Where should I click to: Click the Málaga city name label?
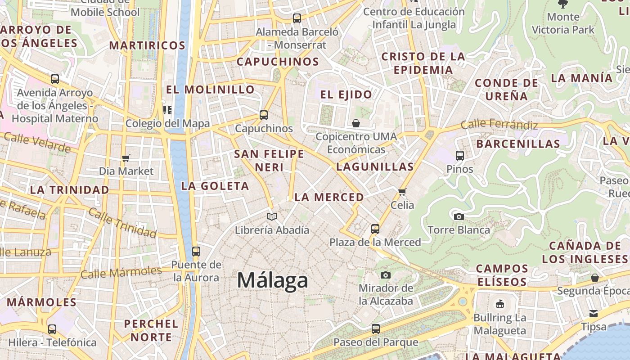point(272,280)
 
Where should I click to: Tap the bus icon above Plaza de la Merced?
point(375,229)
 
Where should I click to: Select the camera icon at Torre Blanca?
point(459,216)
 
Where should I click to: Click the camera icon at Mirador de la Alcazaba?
point(386,275)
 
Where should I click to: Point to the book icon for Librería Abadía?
point(272,217)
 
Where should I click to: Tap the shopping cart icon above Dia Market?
point(126,158)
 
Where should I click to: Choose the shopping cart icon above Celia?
point(402,192)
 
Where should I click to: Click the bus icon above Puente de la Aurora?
point(196,252)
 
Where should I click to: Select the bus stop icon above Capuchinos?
point(264,115)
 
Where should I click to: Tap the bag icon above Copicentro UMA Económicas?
point(356,123)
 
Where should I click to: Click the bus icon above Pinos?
point(460,156)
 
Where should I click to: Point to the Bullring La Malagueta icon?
point(499,304)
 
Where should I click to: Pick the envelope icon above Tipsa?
point(594,313)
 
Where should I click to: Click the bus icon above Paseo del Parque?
point(376,329)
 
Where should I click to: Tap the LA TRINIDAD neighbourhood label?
point(70,190)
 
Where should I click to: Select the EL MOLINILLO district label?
point(211,90)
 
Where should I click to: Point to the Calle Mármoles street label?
point(121,272)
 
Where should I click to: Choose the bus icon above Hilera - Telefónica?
point(52,329)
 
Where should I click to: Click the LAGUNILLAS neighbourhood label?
point(375,166)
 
